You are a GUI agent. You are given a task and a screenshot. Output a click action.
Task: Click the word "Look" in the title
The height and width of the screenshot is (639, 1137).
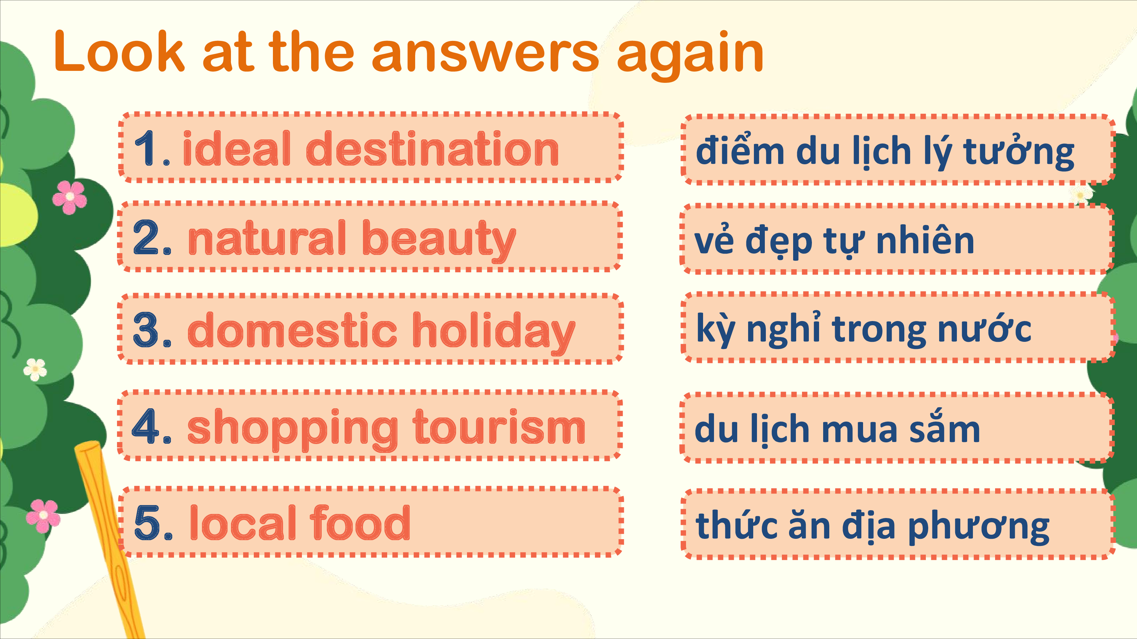click(119, 51)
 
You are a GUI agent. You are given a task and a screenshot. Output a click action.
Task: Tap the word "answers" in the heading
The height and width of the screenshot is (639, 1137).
click(485, 56)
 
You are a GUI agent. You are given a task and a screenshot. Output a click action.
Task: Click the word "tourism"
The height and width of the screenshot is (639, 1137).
click(499, 426)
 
